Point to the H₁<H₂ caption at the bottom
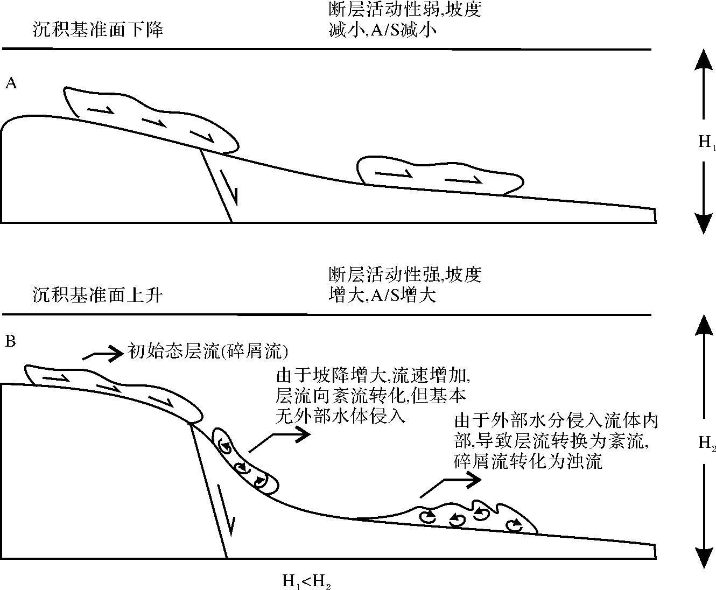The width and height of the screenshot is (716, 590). [306, 581]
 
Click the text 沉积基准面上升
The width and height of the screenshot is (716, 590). [97, 295]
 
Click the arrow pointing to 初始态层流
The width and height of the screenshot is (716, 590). [102, 354]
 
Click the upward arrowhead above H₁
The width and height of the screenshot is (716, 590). [704, 59]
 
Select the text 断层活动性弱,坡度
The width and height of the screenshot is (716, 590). [404, 10]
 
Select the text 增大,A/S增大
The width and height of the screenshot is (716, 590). [382, 295]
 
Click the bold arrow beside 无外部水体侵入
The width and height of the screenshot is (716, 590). [280, 439]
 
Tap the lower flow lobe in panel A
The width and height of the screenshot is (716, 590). [439, 175]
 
